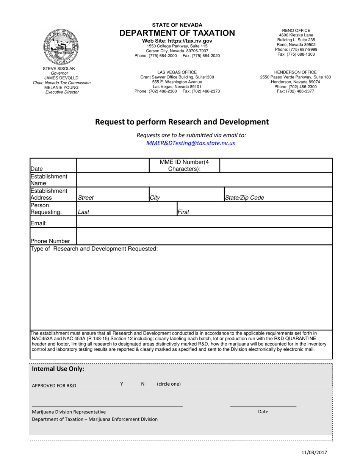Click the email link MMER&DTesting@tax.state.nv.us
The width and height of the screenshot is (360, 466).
pyautogui.click(x=190, y=143)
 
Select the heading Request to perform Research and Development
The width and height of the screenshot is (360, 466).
pyautogui.click(x=182, y=122)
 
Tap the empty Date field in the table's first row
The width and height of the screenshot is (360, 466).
pyautogui.click(x=113, y=166)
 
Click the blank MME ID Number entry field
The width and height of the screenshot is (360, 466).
pyautogui.click(x=276, y=166)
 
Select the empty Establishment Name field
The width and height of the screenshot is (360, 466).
pyautogui.click(x=204, y=180)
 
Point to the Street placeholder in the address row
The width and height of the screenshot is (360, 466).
pyautogui.click(x=86, y=198)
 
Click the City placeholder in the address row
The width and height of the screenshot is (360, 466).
pyautogui.click(x=155, y=198)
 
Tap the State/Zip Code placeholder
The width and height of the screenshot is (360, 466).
pyautogui.click(x=244, y=198)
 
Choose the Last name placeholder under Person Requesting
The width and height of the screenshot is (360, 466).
pyautogui.click(x=84, y=212)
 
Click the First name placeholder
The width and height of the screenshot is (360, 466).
pyautogui.click(x=183, y=212)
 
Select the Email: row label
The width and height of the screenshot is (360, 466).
pyautogui.click(x=39, y=224)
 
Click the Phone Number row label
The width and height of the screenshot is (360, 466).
pyautogui.click(x=50, y=241)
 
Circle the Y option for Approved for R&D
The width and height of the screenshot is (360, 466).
pyautogui.click(x=122, y=384)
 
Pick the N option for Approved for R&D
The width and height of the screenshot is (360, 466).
pyautogui.click(x=143, y=384)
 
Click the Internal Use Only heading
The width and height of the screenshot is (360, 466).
pyautogui.click(x=58, y=369)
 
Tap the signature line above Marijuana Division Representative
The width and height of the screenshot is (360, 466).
pyautogui.click(x=107, y=406)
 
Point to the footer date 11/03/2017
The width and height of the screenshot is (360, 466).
pyautogui.click(x=314, y=452)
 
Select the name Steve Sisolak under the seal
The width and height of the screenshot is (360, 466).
pyautogui.click(x=59, y=69)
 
